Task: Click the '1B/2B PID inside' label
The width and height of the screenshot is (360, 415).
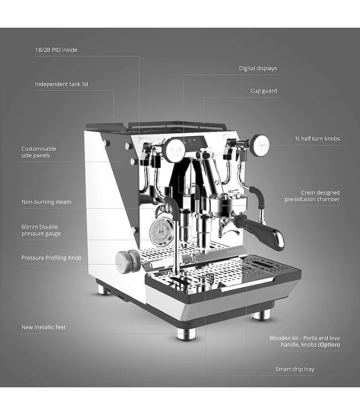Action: tap(56, 50)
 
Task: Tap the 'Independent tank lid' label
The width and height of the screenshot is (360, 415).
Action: tap(61, 84)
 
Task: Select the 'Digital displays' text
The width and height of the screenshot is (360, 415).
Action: tap(258, 68)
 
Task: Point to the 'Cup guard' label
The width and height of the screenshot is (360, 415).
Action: tap(264, 91)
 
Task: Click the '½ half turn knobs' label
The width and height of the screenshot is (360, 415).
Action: tap(317, 138)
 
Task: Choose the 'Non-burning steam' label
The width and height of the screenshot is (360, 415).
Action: tap(46, 202)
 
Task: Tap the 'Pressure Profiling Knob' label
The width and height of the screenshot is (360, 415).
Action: tap(51, 258)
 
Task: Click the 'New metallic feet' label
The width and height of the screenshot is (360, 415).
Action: tap(43, 327)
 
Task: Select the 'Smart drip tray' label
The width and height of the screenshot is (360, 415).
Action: tap(295, 369)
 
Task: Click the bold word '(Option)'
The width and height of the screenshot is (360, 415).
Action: tap(329, 345)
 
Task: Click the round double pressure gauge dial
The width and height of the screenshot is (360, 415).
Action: tap(162, 232)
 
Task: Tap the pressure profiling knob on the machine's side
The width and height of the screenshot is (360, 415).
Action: tap(127, 262)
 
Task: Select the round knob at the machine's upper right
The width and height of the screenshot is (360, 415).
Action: tap(260, 145)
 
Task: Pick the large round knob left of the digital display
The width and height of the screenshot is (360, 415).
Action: tap(174, 150)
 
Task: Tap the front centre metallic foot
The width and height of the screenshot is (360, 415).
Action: tap(186, 334)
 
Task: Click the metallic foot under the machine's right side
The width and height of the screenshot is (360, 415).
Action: tap(261, 314)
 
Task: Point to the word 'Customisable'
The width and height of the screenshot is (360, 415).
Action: tap(39, 149)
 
